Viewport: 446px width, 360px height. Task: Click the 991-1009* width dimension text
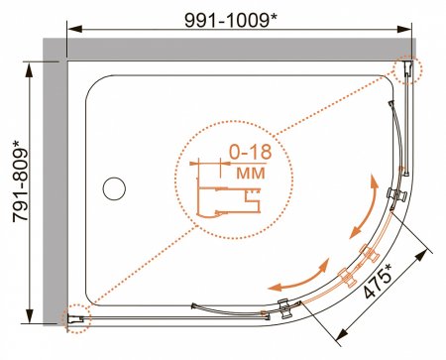230,21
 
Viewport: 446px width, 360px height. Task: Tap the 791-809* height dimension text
21,181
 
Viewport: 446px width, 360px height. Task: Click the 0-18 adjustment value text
251,153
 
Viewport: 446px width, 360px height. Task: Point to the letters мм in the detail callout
251,173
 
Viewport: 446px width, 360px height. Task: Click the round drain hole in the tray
114,188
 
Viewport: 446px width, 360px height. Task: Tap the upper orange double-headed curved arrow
365,206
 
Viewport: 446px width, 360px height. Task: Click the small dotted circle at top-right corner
407,69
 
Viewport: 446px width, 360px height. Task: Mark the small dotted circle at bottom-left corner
76,318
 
